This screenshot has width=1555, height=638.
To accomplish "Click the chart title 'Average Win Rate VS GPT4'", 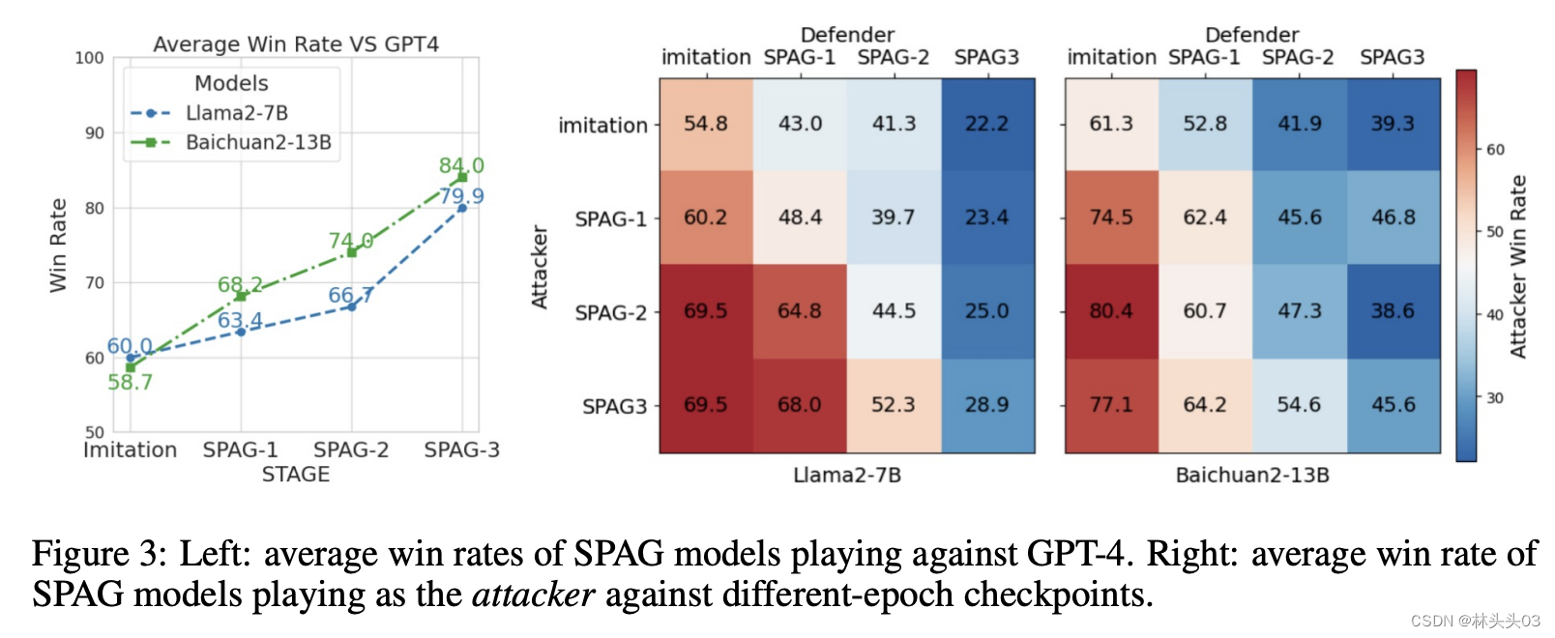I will click(x=296, y=44).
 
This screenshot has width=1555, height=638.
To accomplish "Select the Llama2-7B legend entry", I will click(x=236, y=113).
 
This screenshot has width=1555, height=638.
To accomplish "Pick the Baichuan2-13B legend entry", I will click(x=257, y=142).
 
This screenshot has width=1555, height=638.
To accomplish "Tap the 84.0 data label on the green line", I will click(x=461, y=165).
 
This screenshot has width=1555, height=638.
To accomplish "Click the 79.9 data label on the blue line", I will click(x=461, y=196).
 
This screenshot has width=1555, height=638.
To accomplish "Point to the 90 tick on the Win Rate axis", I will click(x=94, y=133).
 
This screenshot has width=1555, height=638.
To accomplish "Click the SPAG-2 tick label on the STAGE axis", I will click(x=351, y=449).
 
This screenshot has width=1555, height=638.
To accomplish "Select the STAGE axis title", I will click(x=296, y=475).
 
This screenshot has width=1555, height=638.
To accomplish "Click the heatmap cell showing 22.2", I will click(x=986, y=124).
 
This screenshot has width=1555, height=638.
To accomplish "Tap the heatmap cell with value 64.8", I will click(x=800, y=311).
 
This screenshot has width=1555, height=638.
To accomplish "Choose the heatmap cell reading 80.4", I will click(x=1111, y=311).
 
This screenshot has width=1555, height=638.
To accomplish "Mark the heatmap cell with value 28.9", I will click(x=986, y=405).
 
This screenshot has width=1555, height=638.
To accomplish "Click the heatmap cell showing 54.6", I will click(x=1299, y=405).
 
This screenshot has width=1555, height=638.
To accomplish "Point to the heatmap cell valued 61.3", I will click(x=1111, y=124).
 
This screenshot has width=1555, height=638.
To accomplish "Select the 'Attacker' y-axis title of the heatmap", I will click(x=540, y=267).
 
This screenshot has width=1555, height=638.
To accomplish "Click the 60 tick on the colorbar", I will click(x=1495, y=150).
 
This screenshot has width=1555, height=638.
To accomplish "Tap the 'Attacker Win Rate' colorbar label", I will click(x=1519, y=267).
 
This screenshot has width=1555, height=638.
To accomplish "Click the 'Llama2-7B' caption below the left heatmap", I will click(x=847, y=476).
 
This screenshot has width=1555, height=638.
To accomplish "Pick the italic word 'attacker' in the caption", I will click(x=533, y=594).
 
